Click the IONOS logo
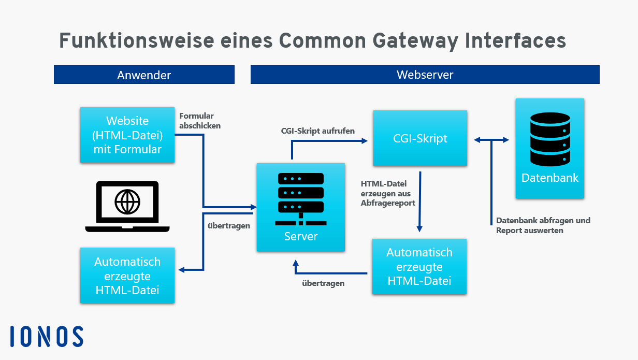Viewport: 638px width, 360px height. [47, 336]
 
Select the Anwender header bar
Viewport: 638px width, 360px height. [144, 75]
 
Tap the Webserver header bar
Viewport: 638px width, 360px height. [425, 75]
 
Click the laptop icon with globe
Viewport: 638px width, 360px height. [127, 206]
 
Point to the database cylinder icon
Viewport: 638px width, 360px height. [550, 139]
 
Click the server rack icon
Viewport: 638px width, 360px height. [301, 199]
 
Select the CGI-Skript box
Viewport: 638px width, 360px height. [419, 138]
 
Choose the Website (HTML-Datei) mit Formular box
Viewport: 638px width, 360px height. [127, 135]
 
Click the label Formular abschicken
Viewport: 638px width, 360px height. [199, 121]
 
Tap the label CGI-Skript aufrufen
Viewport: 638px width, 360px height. [317, 131]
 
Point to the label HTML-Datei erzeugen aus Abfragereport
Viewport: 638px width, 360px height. [388, 193]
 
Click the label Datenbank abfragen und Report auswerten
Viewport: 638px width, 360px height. [543, 225]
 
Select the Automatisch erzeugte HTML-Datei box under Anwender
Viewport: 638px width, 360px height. [127, 276]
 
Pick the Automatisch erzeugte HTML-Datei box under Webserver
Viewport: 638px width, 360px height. [419, 266]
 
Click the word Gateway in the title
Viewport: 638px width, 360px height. [412, 40]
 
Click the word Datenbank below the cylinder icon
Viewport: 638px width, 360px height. [550, 178]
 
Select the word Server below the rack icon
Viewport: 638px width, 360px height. [301, 236]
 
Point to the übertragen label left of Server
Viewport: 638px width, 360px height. [228, 226]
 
